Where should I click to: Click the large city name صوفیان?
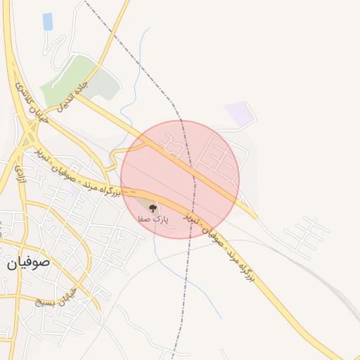[x=30, y=264]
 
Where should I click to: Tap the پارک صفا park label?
[x=152, y=219]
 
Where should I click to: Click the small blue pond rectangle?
[x=48, y=22]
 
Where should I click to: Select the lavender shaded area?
[x=239, y=114]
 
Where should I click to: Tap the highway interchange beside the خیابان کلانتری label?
[x=30, y=131]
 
